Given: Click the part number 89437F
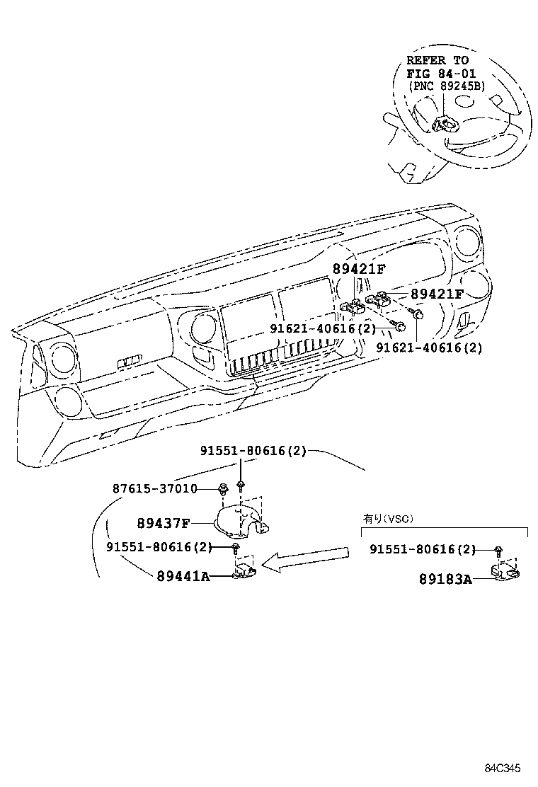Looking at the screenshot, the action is click(163, 524).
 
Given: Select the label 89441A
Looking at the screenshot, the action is click(183, 576).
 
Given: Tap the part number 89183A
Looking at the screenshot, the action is click(446, 579).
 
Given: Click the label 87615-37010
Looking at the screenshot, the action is click(154, 488).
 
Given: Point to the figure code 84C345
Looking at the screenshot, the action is click(503, 768).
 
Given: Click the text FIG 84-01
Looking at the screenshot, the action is click(440, 74).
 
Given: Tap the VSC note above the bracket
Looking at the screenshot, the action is click(388, 519).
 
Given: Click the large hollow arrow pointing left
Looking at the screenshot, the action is click(305, 558).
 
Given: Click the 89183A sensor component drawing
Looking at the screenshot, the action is click(504, 572).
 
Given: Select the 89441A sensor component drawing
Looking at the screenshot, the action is click(244, 570).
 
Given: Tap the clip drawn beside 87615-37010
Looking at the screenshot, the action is click(222, 487).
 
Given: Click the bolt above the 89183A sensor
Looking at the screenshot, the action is click(498, 551).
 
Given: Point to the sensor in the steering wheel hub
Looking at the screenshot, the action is click(442, 122).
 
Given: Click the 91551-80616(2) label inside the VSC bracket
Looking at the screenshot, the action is click(423, 549).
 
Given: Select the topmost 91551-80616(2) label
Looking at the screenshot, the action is click(253, 450).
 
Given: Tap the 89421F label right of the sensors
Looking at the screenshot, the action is click(437, 294).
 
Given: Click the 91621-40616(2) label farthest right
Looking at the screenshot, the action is click(429, 347).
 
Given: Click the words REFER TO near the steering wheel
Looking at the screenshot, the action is click(437, 60).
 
